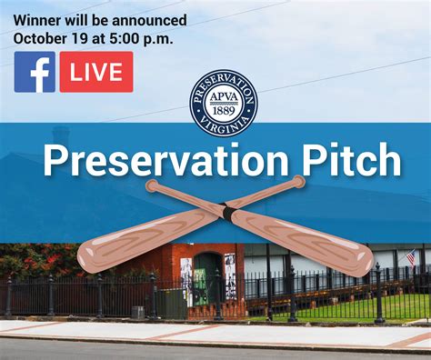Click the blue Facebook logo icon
(35, 72)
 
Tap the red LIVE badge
(96, 72)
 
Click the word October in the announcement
(42, 38)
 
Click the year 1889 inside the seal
(224, 114)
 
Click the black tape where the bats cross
(228, 214)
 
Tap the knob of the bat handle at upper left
(152, 186)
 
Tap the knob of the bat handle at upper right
(298, 182)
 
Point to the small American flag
(410, 257)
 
